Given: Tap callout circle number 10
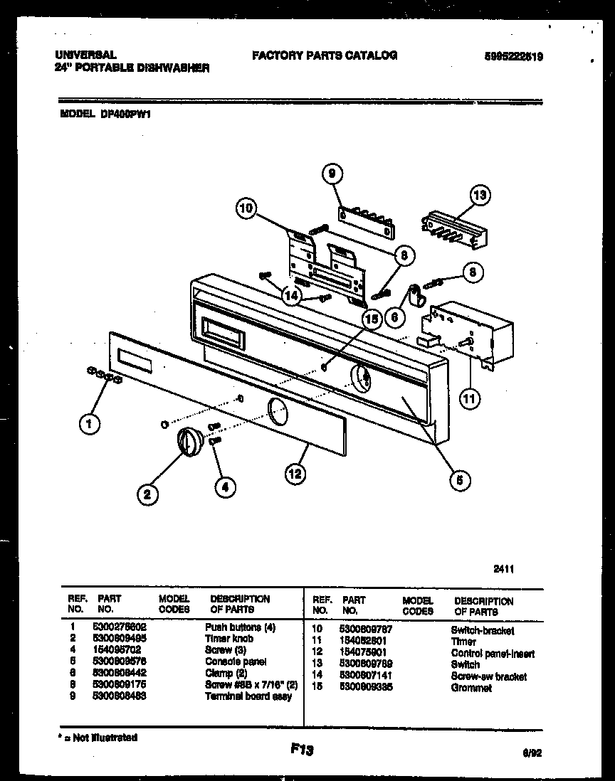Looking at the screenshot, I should pos(246,208).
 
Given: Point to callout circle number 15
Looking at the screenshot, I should pos(371,319).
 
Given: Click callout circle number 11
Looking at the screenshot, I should pos(468,398).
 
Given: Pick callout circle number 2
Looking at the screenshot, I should pos(147,495).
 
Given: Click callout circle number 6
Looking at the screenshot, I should pos(394,317).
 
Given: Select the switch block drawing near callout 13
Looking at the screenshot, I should pos(454,228).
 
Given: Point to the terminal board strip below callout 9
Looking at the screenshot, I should pos(365,221).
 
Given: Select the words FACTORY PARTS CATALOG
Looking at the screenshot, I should pos(324,55).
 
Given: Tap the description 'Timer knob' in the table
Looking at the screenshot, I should pos(228,639).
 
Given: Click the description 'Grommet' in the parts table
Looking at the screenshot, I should pos(471,688).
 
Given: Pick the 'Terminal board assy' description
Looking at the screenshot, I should pos(248,696).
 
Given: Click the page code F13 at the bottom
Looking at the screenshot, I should pos(303,749).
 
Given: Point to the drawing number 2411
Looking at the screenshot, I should pos(504,568).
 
